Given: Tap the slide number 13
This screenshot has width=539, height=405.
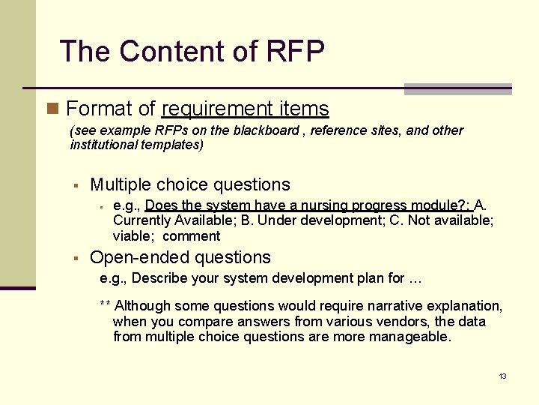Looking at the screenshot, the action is pyautogui.click(x=502, y=376).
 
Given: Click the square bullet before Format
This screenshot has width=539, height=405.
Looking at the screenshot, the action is pyautogui.click(x=52, y=109).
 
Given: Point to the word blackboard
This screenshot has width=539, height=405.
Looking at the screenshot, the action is pyautogui.click(x=275, y=130).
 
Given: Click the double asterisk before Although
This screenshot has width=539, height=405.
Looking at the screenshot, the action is pyautogui.click(x=106, y=306).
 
